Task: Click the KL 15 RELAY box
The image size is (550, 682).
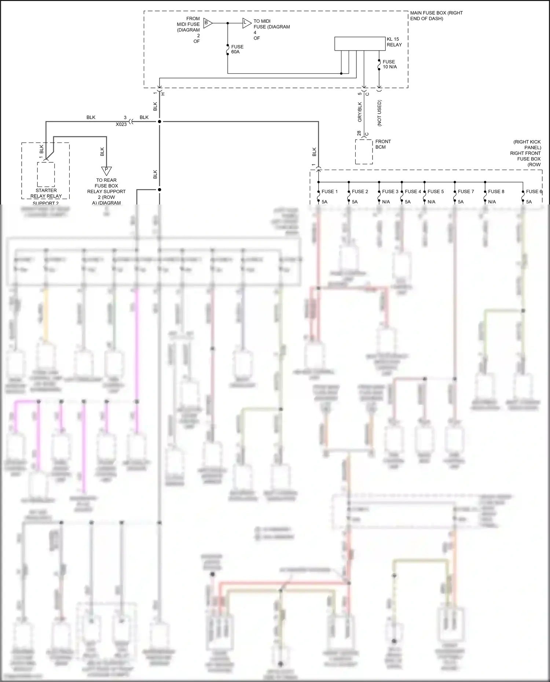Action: [x=359, y=44]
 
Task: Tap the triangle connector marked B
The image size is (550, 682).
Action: [x=207, y=23]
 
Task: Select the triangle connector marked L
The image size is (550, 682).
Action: [x=246, y=23]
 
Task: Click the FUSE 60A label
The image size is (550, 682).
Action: [x=237, y=49]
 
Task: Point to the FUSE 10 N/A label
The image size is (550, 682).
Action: [x=389, y=64]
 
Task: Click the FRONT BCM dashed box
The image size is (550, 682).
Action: [x=364, y=151]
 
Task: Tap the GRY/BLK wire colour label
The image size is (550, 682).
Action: [x=360, y=112]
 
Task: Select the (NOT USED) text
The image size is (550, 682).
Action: [x=379, y=113]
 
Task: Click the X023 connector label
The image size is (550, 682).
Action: [x=121, y=124]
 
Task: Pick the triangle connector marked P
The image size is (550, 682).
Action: [x=106, y=170]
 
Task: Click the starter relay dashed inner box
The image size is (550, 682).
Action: [x=46, y=174]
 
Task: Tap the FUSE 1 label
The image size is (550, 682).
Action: [x=329, y=191]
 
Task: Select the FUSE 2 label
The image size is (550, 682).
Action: [x=360, y=191]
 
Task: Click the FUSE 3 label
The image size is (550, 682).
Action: [x=390, y=191]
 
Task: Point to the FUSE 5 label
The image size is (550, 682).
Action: [x=435, y=191]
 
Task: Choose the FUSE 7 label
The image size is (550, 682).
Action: [x=466, y=191]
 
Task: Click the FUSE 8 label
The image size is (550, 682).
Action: [x=496, y=191]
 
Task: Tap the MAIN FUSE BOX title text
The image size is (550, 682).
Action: [x=436, y=15]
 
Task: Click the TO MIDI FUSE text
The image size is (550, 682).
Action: [x=271, y=24]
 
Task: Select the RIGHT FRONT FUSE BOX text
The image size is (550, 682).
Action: [x=525, y=156]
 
